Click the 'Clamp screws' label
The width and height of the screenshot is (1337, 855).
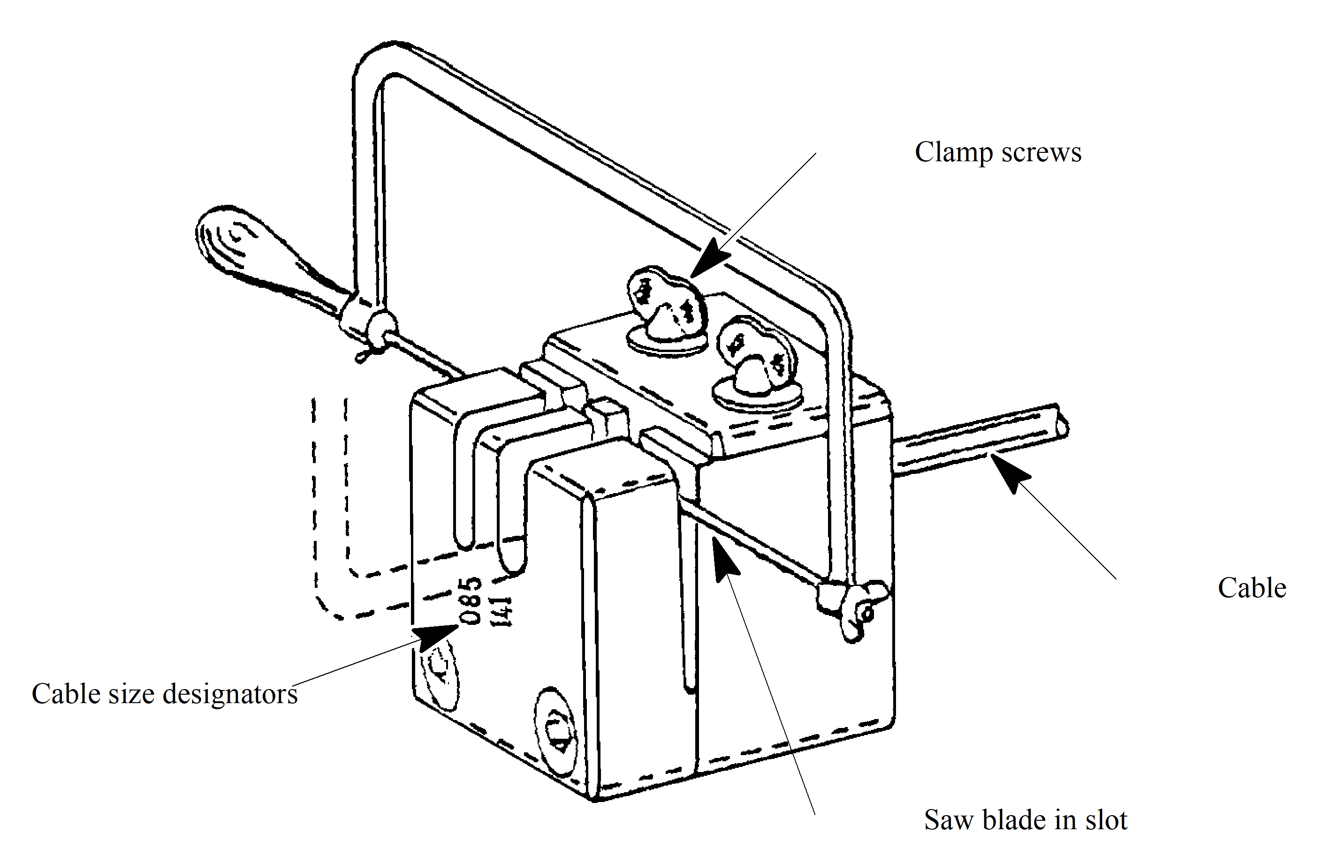pos(998,152)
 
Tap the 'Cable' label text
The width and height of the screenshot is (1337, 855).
pos(1252,588)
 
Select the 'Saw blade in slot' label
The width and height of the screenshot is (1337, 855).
pos(1026,820)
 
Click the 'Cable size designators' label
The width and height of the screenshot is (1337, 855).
pos(164,694)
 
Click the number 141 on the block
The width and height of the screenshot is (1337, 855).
pos(502,611)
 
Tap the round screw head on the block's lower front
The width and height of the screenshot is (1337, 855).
pos(556,728)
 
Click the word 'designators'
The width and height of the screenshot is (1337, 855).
pos(230,694)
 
